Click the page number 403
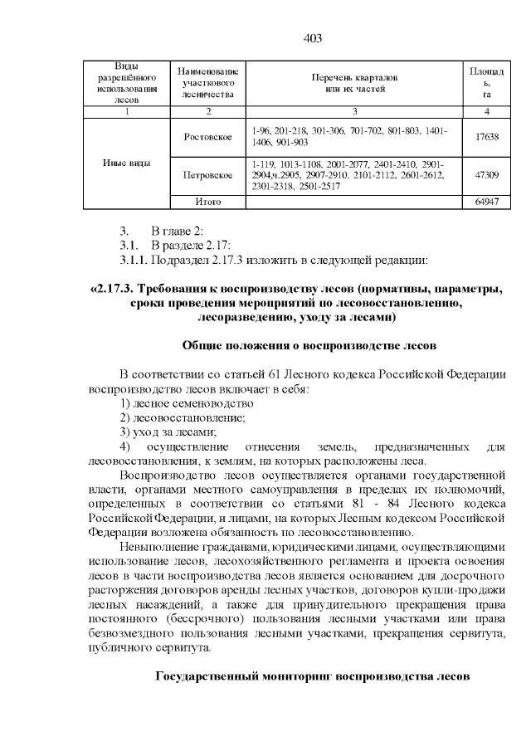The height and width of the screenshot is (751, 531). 313,38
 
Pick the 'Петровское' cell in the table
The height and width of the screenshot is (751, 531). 207,175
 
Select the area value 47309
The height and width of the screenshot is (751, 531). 487,175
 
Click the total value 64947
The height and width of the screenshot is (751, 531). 487,202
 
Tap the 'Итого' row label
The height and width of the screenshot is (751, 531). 207,202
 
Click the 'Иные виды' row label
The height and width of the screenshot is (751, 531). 127,163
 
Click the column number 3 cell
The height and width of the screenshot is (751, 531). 354,110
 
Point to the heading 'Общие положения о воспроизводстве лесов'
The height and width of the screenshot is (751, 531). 309,344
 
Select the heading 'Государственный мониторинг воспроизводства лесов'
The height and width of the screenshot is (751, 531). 314,675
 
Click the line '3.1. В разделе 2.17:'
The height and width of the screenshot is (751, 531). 176,246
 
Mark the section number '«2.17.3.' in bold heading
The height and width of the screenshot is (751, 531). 111,290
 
